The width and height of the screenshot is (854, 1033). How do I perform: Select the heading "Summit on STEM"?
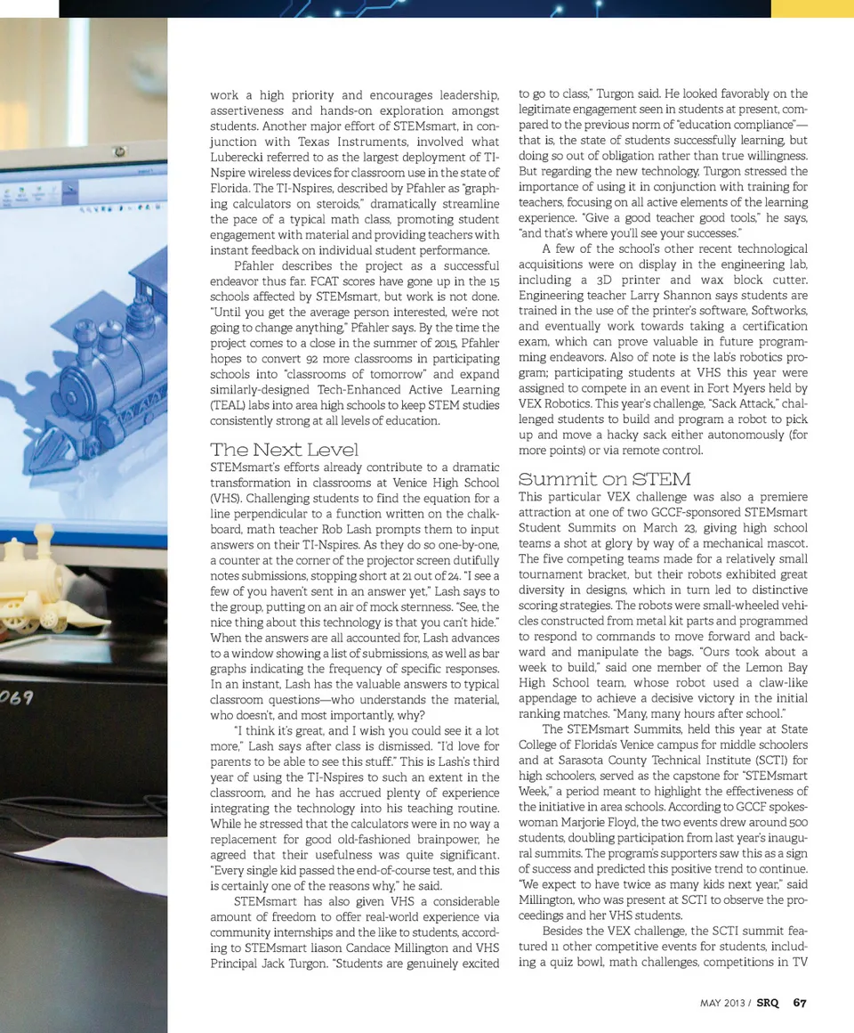[604, 479]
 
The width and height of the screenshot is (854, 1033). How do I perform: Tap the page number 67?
[800, 1003]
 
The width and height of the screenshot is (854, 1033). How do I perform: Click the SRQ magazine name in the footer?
[768, 1003]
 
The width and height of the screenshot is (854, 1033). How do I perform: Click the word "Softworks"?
[779, 311]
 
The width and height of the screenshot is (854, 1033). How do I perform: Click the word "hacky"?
[621, 435]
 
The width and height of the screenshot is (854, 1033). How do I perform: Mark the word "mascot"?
[785, 543]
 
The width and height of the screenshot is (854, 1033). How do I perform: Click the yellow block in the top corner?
[811, 8]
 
